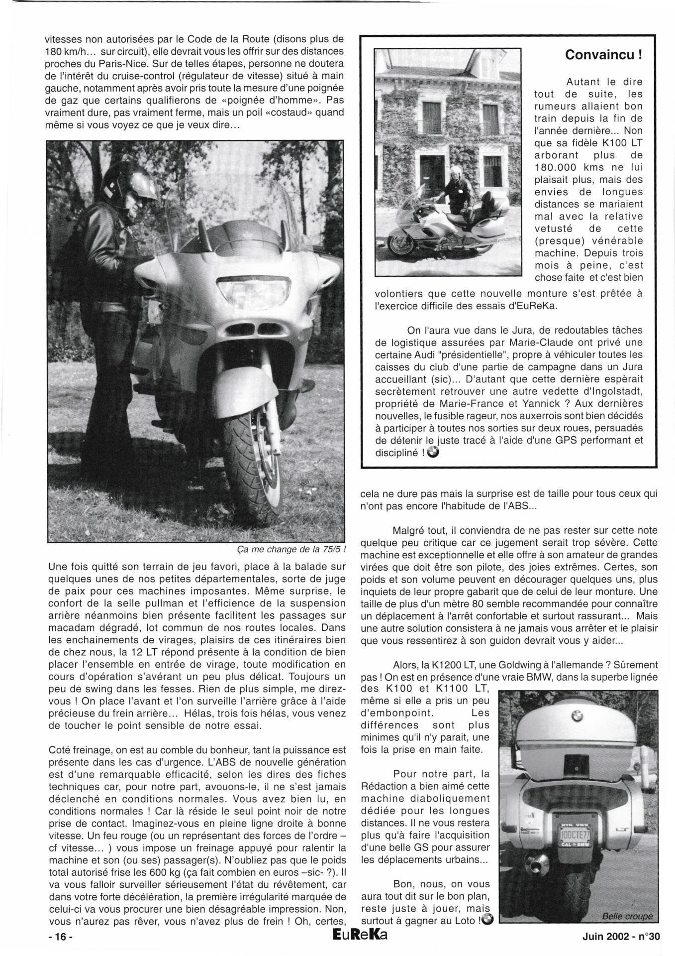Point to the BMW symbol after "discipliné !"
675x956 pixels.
[433, 452]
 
